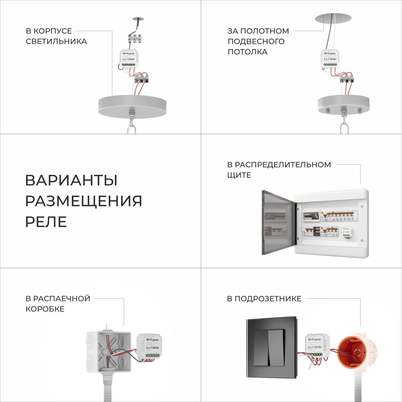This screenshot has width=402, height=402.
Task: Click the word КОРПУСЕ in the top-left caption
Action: point(54,31)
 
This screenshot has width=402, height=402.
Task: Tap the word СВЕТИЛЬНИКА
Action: point(56,42)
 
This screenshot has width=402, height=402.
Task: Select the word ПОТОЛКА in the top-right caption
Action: point(248,52)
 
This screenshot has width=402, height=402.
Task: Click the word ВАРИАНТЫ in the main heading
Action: point(71,180)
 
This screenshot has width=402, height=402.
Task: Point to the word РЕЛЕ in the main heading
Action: point(46,222)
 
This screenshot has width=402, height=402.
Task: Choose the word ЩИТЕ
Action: point(239,175)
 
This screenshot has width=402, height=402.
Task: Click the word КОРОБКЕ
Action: point(45,309)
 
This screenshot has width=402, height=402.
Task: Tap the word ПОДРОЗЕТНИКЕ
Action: point(268,298)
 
